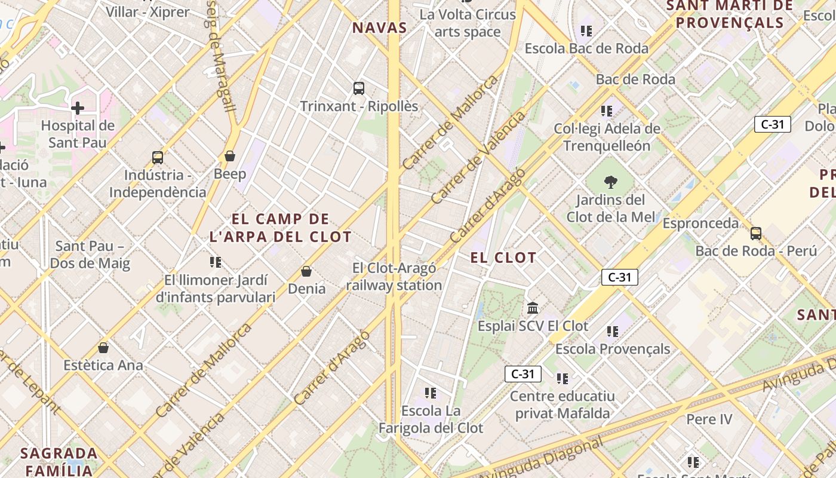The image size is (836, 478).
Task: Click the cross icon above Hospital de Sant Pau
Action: (x=78, y=108)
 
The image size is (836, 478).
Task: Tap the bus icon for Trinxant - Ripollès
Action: (x=359, y=88)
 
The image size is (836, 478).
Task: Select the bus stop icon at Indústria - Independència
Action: (x=158, y=158)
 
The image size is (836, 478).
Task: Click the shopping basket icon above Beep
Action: (x=230, y=157)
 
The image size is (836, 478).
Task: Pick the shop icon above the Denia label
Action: (x=306, y=272)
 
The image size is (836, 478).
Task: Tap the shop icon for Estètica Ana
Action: (x=103, y=348)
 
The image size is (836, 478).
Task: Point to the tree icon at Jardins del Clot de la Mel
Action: (x=610, y=182)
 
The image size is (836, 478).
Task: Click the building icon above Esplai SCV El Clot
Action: (x=533, y=308)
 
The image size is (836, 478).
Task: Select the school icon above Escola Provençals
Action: (x=613, y=331)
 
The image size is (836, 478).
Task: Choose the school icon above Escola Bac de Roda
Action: (x=586, y=30)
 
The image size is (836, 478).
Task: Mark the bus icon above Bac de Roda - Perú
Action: (x=756, y=234)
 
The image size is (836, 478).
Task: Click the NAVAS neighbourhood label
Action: (x=379, y=27)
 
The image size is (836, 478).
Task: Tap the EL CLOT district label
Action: (x=503, y=258)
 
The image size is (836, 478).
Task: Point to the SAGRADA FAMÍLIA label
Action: (x=59, y=461)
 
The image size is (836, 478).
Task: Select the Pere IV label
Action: (x=709, y=419)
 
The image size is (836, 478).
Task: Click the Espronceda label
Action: (x=700, y=223)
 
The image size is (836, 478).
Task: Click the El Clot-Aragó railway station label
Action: (x=394, y=277)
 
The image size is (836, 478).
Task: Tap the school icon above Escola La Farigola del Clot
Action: (x=431, y=393)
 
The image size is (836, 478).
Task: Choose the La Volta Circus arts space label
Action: (x=468, y=23)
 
